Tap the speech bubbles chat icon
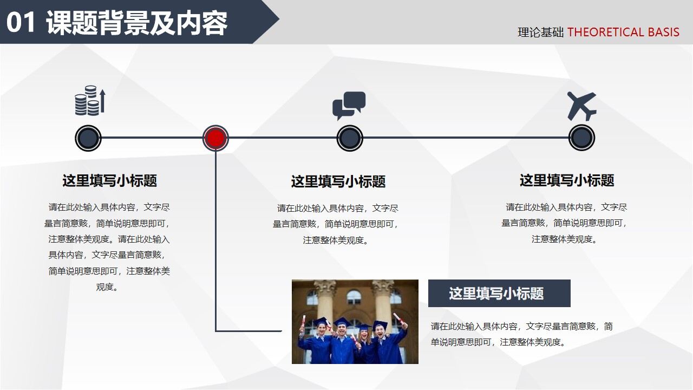(349, 105)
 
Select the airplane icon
(581, 106)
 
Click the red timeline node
(215, 138)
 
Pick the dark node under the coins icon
(88, 138)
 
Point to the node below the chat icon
(349, 138)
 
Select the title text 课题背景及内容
(136, 23)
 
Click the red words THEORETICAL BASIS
(623, 32)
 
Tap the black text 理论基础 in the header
(540, 32)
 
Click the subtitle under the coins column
(109, 180)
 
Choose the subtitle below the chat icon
(338, 181)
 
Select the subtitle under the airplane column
(566, 180)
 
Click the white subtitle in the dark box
(496, 294)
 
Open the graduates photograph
(355, 321)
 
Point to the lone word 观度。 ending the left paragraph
(108, 287)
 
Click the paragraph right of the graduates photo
(521, 334)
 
